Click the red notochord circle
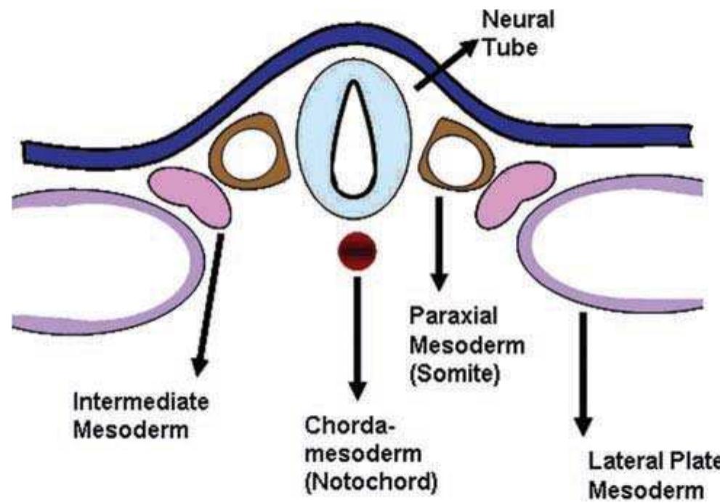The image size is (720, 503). [x=355, y=251]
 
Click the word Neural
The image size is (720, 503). [x=517, y=21]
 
